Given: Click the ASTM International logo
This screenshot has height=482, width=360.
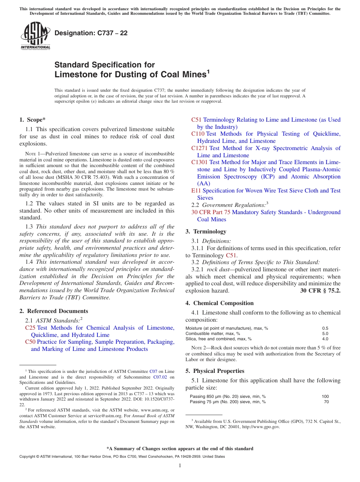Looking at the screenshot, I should point(35,36).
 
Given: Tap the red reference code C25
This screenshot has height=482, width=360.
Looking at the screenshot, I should point(30,328).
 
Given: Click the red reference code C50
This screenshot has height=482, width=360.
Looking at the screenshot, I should point(30,342).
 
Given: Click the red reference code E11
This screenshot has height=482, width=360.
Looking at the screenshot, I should point(196,191).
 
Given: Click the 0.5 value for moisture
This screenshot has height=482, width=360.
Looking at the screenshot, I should point(325,328).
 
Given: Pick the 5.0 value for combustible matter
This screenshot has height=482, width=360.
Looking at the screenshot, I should point(325,333).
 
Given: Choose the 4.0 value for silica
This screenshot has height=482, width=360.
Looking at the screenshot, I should point(325,339).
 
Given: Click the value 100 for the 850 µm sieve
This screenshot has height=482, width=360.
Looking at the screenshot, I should point(325,396).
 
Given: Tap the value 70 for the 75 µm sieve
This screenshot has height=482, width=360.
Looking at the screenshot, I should point(326,402).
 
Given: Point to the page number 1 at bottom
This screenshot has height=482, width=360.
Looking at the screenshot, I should point(180,466).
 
